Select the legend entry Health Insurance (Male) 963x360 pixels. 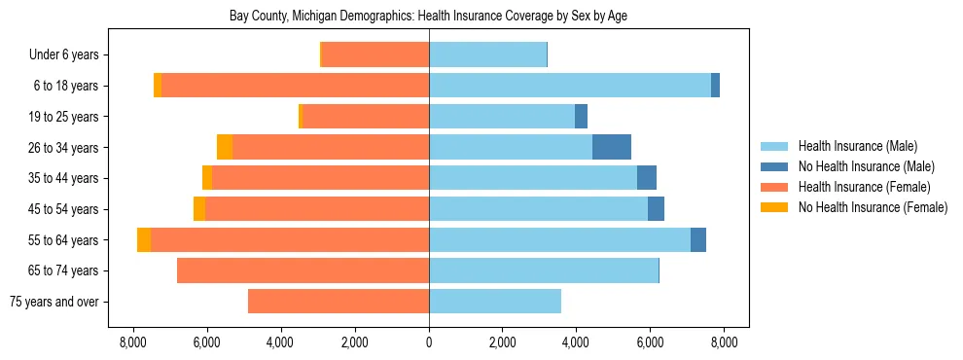tap(857, 146)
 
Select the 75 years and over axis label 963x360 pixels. tap(54, 302)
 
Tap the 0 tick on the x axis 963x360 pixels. tap(429, 342)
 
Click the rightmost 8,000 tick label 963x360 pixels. tap(723, 342)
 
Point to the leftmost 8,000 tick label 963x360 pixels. tap(133, 342)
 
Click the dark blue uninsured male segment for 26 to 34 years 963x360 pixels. tap(612, 147)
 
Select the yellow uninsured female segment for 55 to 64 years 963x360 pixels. tap(144, 239)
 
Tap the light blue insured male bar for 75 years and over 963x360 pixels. tap(495, 302)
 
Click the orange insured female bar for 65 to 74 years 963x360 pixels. tap(303, 270)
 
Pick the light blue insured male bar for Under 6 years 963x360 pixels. tap(487, 55)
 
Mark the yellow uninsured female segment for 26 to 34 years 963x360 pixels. tap(225, 147)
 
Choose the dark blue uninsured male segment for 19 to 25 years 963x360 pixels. tap(581, 117)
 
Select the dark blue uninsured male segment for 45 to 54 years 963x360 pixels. tap(656, 209)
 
